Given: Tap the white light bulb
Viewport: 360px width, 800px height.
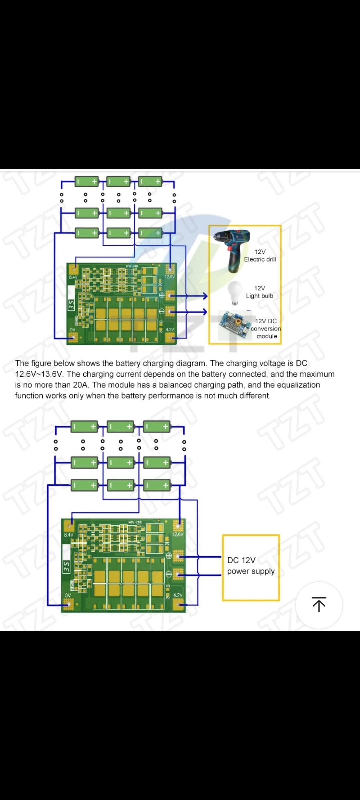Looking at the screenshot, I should coord(235,292).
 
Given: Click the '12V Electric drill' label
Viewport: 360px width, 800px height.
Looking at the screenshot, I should coord(260,256).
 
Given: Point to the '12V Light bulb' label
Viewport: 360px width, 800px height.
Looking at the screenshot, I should coord(259,292).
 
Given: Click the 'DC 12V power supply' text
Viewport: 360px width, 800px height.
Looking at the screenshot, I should coord(251,566).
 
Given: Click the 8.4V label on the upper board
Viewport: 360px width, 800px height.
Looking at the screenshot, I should coord(73,277).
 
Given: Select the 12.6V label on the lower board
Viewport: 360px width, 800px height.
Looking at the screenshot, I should coord(178,534).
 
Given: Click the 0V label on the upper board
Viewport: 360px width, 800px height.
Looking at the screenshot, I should coord(73,330).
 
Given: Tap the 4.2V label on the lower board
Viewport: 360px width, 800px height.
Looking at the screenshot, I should coord(178,595).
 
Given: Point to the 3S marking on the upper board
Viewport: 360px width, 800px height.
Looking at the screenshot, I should coord(71,304).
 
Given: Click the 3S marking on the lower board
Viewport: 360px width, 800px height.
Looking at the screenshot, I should coord(66,566).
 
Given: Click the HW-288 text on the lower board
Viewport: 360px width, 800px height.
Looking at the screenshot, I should coord(135,522).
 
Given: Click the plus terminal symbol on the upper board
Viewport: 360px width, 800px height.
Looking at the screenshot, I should coord(162,295).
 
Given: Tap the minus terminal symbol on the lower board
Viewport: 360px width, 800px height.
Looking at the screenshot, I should coord(169,574).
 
